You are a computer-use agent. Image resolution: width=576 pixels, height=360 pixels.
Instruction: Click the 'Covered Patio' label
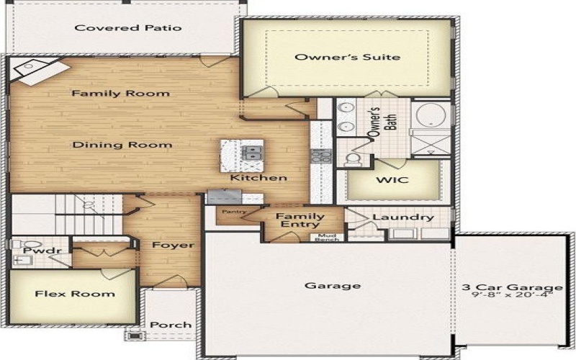pos(128,28)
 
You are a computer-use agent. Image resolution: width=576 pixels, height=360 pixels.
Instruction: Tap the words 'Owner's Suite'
pos(347,57)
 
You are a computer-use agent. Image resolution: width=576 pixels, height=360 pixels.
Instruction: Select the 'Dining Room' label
pos(122,145)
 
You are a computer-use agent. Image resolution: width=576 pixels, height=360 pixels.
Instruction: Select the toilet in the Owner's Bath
pos(353,158)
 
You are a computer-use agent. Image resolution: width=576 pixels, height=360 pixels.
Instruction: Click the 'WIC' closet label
pos(392,179)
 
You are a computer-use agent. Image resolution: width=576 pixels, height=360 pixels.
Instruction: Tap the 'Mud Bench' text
pos(326,238)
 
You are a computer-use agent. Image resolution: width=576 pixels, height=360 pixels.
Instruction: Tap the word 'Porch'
pos(170,325)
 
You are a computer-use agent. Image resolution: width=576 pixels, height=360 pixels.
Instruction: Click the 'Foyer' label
pos(173,246)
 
